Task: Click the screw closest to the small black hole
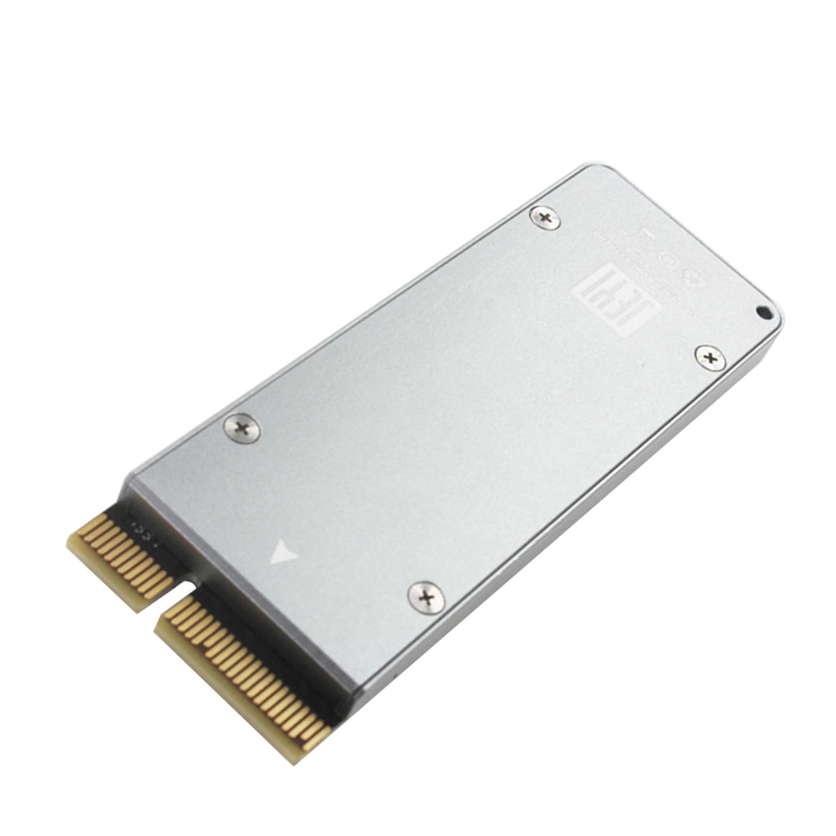point(710,356)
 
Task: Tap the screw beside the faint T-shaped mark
point(545,218)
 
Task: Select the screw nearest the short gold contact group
point(242,429)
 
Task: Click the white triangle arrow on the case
point(283,553)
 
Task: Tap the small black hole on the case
point(764,312)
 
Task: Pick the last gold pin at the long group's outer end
point(316,734)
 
